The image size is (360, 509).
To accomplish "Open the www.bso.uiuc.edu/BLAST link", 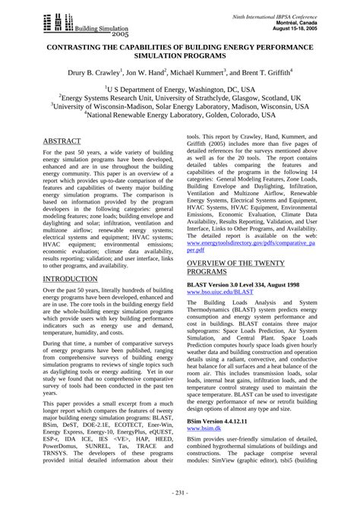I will pos(220,291).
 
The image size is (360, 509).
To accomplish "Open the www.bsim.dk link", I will pos(206,428).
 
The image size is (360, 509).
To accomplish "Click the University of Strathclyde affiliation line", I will pos(179,98).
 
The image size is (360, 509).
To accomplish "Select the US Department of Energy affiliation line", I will pos(179,89).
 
